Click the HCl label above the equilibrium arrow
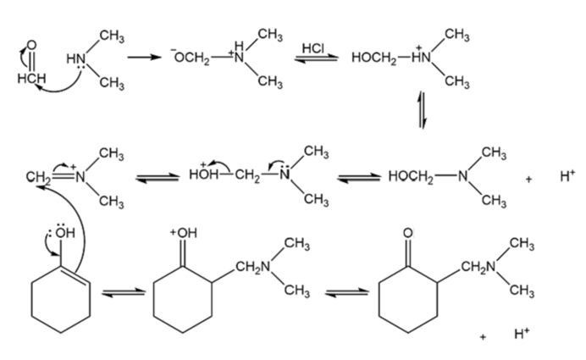313,48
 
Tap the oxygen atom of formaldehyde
32,45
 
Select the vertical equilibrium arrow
423,109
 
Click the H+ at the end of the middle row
567,175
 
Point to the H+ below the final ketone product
522,333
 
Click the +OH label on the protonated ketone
184,233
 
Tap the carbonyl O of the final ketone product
408,233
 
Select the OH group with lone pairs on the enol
64,232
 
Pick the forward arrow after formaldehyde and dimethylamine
144,58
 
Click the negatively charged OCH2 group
191,58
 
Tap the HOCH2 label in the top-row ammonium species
373,58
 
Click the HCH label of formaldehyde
32,79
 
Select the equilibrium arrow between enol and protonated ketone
124,292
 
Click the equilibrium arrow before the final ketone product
347,292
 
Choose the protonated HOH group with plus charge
203,174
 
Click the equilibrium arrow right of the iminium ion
157,178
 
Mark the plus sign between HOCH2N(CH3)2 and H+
528,180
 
